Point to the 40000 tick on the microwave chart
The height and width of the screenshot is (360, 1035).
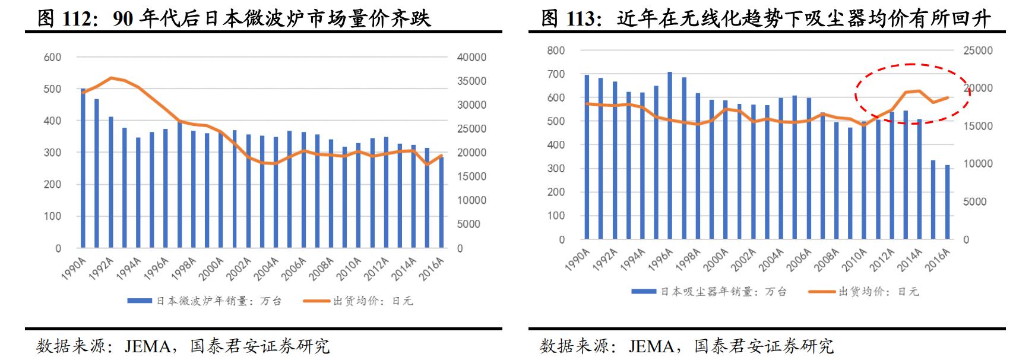471,58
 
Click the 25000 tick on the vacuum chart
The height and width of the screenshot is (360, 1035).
977,51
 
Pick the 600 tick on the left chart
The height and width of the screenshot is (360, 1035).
52,58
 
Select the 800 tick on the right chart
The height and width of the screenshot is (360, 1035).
556,51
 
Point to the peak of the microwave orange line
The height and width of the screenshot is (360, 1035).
111,78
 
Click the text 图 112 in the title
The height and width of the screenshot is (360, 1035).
65,19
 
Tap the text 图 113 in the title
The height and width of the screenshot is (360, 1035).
569,19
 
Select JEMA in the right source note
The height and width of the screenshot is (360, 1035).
652,346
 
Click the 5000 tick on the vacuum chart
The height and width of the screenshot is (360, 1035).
974,202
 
